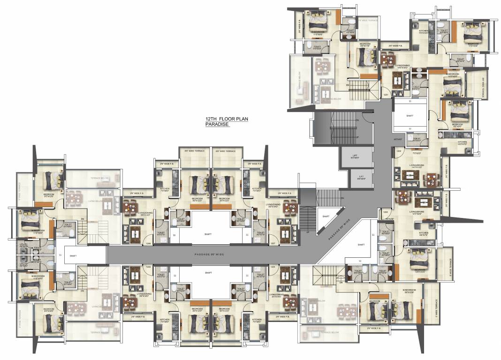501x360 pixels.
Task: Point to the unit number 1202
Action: [x=386, y=151]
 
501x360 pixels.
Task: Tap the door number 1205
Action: [x=148, y=266]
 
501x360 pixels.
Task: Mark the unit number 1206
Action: [x=148, y=243]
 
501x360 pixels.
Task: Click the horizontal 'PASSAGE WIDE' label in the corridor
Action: [x=208, y=255]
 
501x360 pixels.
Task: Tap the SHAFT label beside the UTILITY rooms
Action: [x=73, y=255]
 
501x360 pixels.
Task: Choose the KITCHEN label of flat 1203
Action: [x=424, y=233]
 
